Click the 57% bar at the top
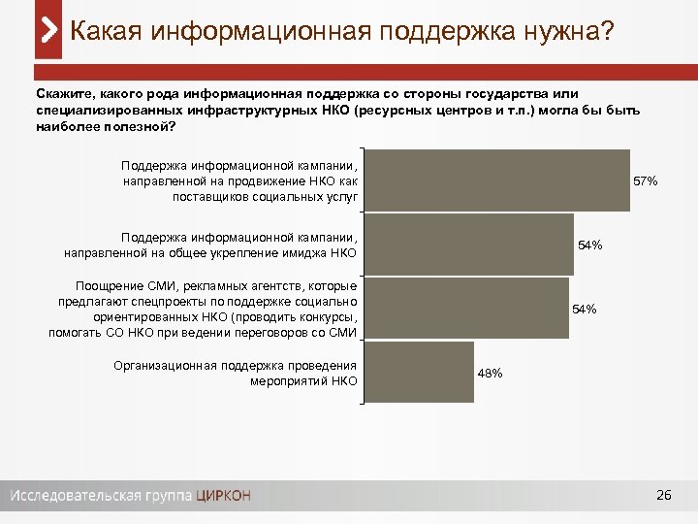(498, 180)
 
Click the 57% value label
(646, 181)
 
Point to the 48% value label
(490, 374)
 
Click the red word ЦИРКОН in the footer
(223, 496)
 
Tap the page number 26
(663, 496)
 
